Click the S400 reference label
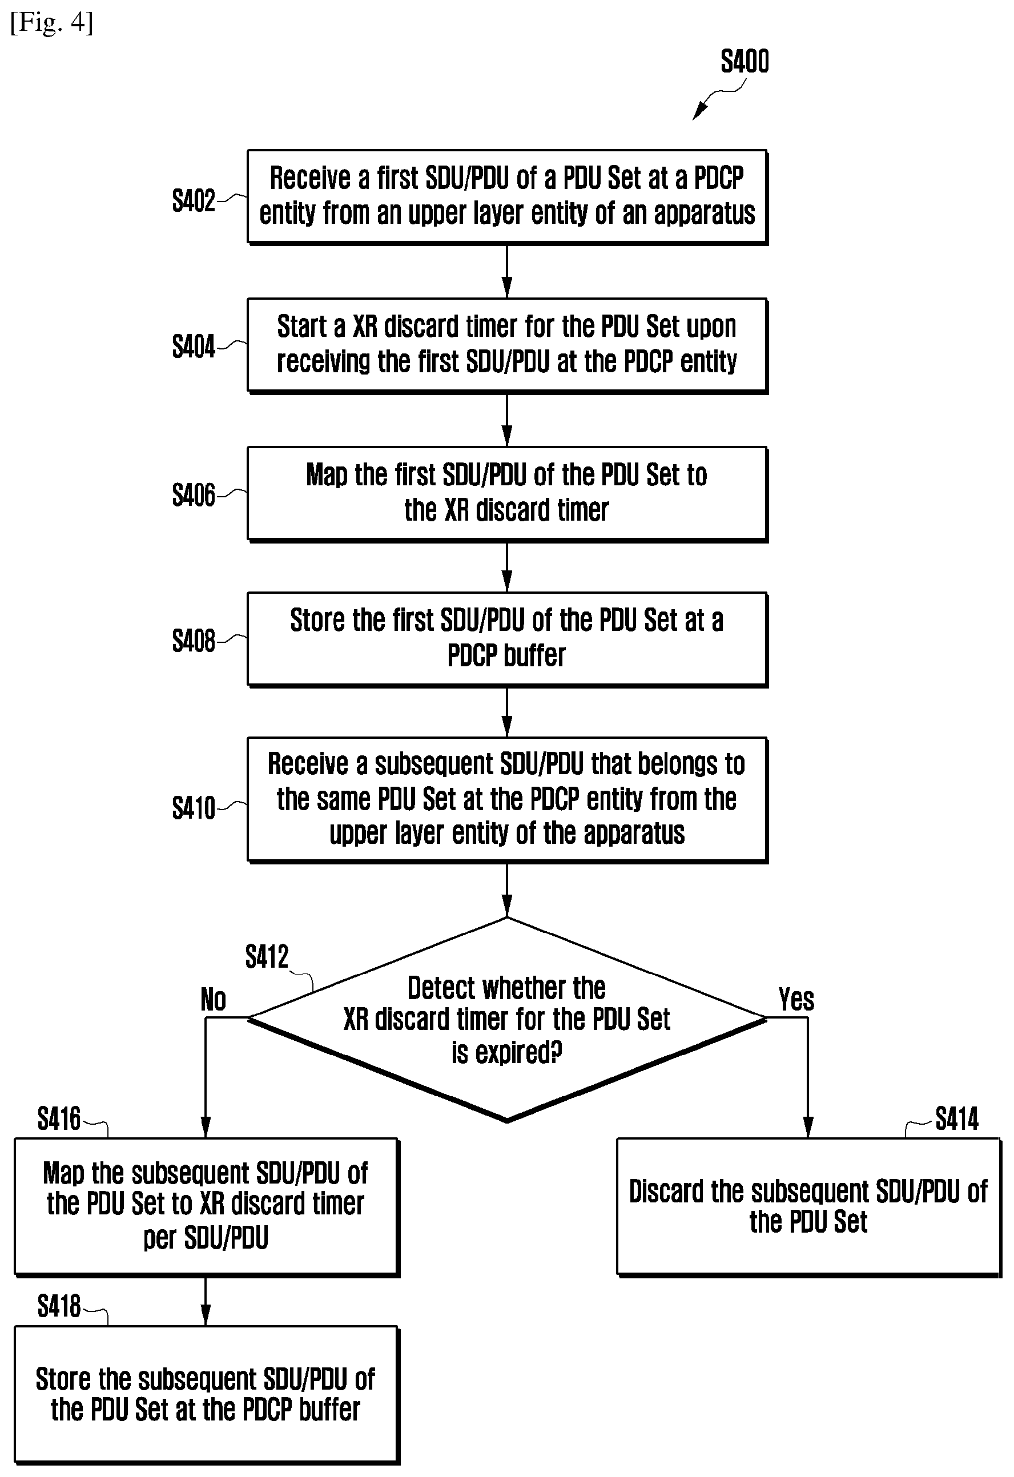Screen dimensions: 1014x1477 745,62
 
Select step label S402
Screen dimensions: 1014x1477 194,200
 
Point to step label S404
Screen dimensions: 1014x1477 194,347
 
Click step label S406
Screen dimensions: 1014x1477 194,495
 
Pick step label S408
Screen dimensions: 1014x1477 194,641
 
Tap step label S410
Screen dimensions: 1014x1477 194,808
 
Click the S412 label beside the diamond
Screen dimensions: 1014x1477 267,956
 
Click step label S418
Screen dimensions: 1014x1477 59,1306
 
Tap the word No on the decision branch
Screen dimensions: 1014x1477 214,1000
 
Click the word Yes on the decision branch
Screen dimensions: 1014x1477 796,1000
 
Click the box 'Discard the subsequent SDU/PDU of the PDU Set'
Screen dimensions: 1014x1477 808,1207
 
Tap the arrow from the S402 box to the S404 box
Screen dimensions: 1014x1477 508,271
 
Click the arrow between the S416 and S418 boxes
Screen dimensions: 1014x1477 206,1301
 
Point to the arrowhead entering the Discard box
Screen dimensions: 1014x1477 808,1128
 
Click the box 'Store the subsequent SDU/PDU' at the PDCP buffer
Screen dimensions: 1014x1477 207,1394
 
